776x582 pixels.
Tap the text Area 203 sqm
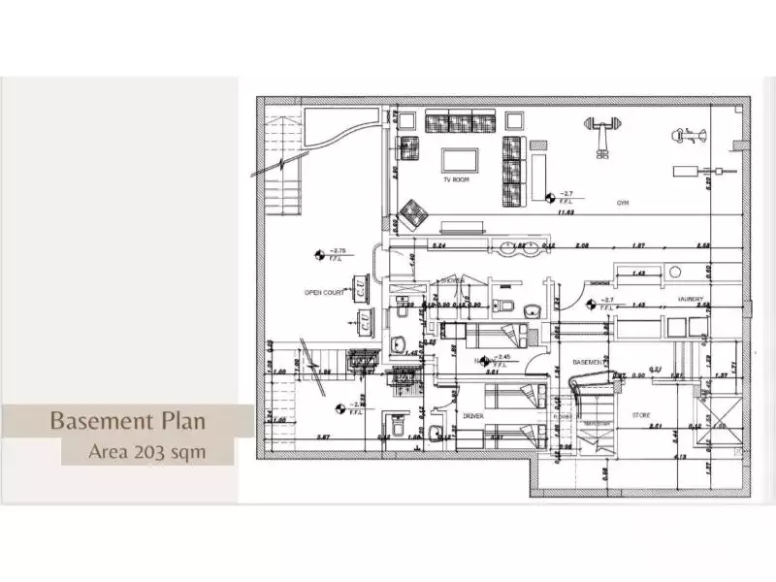146,451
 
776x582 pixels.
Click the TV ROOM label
456,180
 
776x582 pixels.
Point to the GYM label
623,204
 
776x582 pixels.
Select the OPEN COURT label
323,292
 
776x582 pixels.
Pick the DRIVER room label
472,416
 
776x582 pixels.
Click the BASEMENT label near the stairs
588,362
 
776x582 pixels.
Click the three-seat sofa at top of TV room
461,121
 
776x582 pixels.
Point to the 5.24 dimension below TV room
438,246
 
